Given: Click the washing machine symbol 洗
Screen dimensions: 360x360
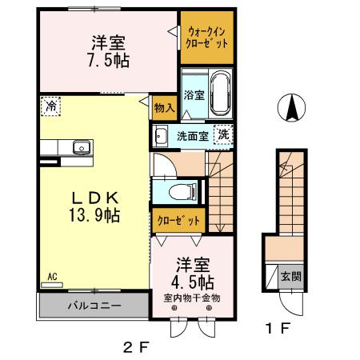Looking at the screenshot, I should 226,134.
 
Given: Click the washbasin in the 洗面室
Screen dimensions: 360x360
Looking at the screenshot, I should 160,134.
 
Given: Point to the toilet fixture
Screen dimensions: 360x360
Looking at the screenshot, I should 186,190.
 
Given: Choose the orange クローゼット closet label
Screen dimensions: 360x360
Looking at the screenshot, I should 174,219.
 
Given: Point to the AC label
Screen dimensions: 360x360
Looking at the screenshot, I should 51,277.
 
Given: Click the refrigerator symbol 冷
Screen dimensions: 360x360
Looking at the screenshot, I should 50,105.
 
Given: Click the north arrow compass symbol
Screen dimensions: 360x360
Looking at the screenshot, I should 293,108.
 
